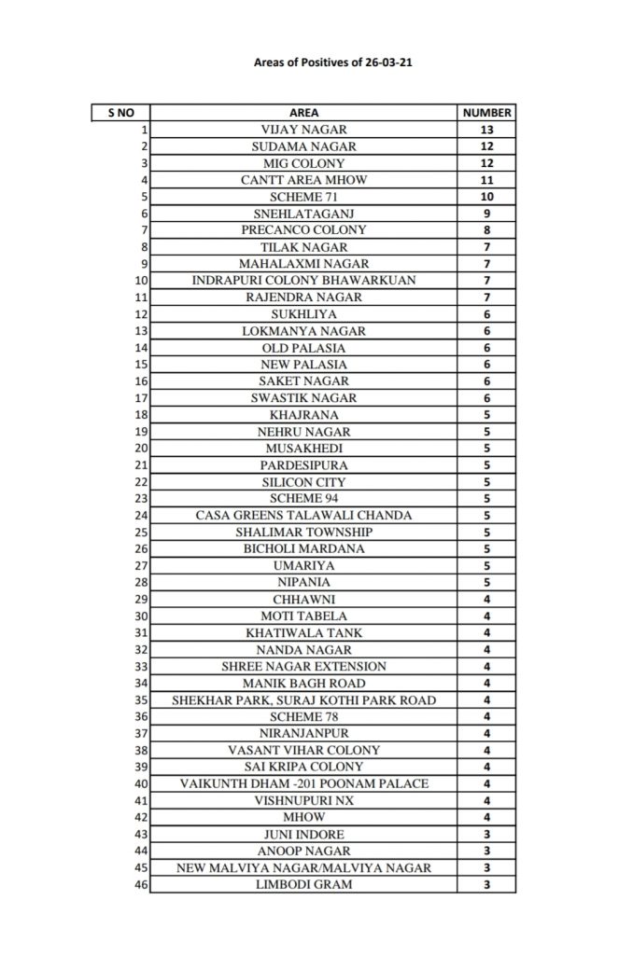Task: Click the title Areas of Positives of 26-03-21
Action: click(x=316, y=64)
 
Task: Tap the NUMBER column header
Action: click(x=486, y=113)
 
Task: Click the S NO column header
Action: click(x=120, y=113)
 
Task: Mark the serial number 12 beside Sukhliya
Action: click(x=142, y=314)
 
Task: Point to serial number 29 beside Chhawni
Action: click(x=142, y=599)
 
